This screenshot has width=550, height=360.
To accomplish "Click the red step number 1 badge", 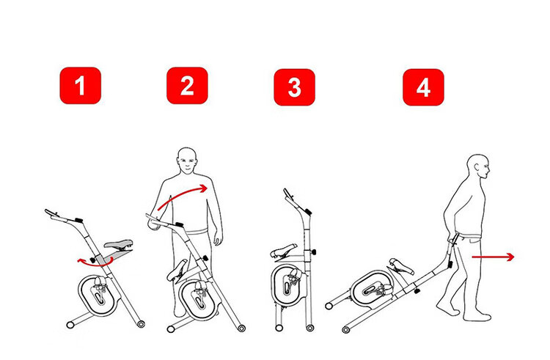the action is pyautogui.click(x=81, y=86).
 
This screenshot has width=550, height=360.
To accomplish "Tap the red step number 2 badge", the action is pyautogui.click(x=187, y=86).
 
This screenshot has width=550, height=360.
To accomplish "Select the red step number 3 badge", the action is pyautogui.click(x=294, y=87).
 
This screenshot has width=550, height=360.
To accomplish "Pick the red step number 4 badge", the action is pyautogui.click(x=423, y=87).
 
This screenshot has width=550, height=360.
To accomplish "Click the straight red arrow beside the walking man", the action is pyautogui.click(x=493, y=257).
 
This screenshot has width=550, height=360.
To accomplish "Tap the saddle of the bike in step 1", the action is pyautogui.click(x=119, y=243).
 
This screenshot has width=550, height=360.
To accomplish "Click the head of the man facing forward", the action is pyautogui.click(x=187, y=161).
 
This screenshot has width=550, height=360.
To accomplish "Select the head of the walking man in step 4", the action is pyautogui.click(x=478, y=166).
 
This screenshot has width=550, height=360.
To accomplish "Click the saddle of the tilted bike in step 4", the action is pyautogui.click(x=403, y=266).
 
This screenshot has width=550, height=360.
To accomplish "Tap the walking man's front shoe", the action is pyautogui.click(x=477, y=317).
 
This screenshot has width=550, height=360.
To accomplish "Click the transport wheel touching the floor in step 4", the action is pyautogui.click(x=346, y=330).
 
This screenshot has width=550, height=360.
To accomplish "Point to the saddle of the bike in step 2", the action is pyautogui.click(x=177, y=271).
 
